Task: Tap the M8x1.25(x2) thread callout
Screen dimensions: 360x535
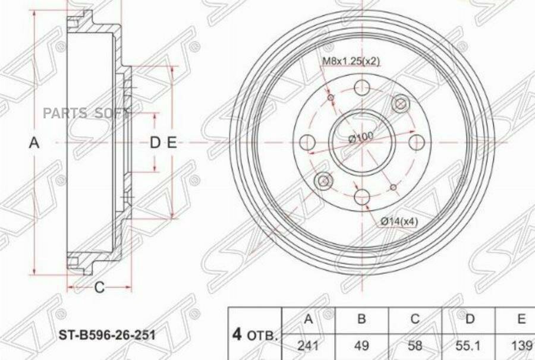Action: point(351,61)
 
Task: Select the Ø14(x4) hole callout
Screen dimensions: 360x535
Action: point(399,221)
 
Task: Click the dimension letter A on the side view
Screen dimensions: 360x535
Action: point(34,143)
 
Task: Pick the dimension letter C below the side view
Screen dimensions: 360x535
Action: point(99,288)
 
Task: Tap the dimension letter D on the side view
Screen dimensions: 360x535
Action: point(155,143)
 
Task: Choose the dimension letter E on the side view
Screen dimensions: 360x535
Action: point(171,143)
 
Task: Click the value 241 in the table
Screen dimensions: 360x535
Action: point(308,345)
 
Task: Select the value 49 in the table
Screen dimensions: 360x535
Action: point(361,345)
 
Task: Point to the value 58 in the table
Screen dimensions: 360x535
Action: point(414,345)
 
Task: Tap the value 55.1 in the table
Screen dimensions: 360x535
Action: point(469,345)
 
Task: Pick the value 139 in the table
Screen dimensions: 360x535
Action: point(521,345)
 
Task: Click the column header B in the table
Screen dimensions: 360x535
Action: point(361,319)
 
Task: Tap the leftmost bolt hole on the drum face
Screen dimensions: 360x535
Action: point(307,143)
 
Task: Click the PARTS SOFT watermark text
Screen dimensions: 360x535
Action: point(97,113)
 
